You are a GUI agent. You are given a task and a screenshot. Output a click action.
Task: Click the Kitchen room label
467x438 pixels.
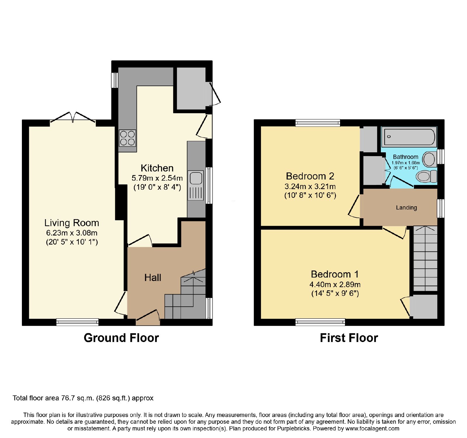157,168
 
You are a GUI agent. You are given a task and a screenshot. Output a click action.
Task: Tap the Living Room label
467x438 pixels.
72,223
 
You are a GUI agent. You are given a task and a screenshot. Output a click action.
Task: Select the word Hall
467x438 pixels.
153,278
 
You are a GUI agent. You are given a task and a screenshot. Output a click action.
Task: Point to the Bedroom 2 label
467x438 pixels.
310,176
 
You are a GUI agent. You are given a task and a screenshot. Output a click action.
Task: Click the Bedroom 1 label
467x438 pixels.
335,274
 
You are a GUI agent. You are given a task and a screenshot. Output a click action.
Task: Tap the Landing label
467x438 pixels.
406,207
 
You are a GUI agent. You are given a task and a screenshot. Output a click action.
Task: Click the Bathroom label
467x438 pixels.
405,157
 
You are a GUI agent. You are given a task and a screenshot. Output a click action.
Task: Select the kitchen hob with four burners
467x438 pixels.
128,138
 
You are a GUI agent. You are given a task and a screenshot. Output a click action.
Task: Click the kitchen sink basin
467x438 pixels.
196,178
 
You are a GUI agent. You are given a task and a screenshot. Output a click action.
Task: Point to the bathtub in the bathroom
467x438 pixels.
410,137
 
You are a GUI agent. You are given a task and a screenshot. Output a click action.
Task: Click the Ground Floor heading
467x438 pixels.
121,338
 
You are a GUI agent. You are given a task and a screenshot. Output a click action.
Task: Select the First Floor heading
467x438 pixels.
349,338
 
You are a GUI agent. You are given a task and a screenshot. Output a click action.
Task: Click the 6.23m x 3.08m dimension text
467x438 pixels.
72,233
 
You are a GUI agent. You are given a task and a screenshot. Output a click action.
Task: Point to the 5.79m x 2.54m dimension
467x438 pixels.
157,178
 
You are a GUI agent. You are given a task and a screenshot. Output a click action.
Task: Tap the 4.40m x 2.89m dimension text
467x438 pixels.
335,285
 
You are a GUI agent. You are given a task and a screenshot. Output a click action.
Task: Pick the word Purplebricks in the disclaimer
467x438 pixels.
293,429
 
